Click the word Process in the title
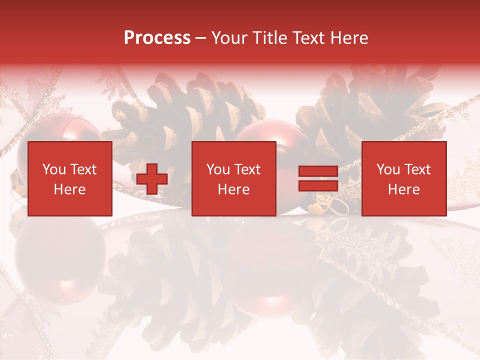(157, 38)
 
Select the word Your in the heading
(228, 38)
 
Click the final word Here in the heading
(349, 38)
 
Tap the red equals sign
(318, 178)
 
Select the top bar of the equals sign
(318, 171)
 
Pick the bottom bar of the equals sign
(318, 185)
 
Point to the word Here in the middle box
(234, 189)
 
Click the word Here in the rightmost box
(404, 189)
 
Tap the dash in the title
(200, 38)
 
